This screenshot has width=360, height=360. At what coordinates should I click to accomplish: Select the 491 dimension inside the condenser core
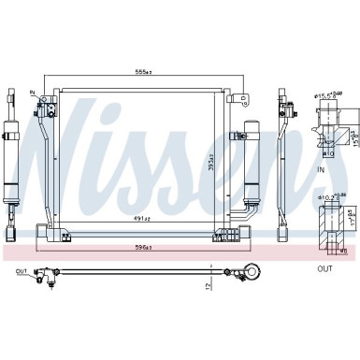143,218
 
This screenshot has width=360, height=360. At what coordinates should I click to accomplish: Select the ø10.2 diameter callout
330,197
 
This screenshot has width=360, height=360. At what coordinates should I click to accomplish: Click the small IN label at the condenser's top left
32,94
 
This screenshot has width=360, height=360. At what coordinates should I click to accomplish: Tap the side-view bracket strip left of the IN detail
282,159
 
